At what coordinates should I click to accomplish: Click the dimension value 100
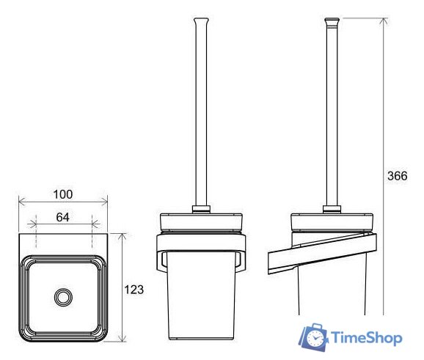coord(63,194)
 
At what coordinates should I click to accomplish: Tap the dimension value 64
coord(63,217)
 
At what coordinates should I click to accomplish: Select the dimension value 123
coord(134,290)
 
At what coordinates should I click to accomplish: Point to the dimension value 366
coord(398,176)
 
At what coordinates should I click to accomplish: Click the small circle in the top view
coord(63,297)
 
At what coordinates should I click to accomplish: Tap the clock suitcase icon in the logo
coord(313,337)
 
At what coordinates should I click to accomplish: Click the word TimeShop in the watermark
coord(367,338)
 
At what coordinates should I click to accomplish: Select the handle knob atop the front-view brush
coord(201,21)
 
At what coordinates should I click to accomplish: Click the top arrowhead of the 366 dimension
coord(383,21)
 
